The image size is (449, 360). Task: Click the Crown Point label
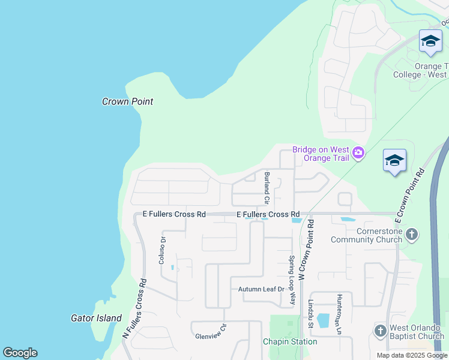[127, 101]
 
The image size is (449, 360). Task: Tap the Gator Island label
[96, 318]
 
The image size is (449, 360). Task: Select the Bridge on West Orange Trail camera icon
[358, 153]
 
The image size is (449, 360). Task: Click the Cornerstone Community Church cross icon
[412, 234]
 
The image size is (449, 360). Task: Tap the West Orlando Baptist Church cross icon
[379, 331]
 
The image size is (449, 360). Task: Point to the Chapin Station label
[290, 341]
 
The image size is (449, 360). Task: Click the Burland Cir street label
[267, 187]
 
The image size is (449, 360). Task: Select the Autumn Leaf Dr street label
[261, 289]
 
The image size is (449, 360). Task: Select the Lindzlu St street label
[311, 314]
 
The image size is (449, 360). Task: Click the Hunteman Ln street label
[339, 314]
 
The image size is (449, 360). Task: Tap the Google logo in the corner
[20, 353]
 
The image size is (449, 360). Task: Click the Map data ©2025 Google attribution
[411, 355]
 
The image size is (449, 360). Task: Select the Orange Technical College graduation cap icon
[430, 41]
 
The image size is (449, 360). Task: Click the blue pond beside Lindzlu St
[323, 320]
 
